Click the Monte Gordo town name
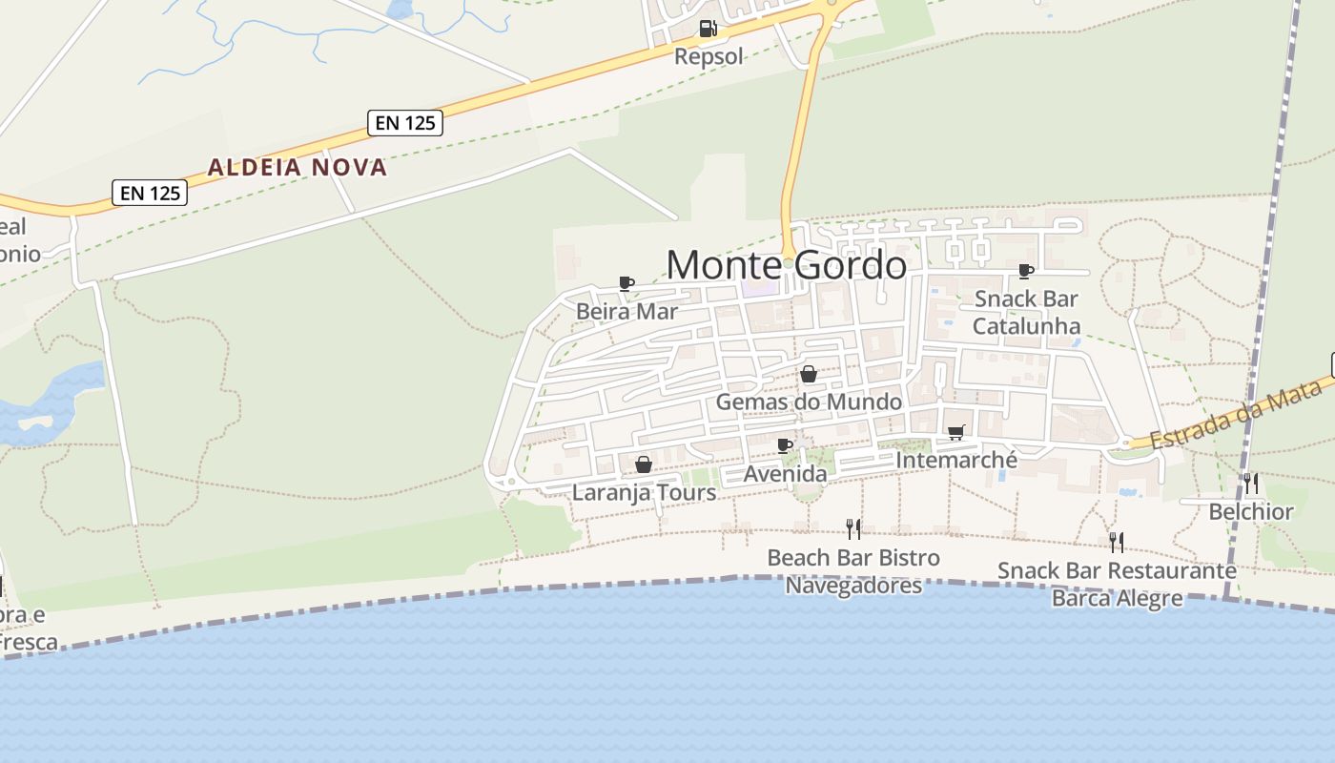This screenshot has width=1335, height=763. (x=786, y=264)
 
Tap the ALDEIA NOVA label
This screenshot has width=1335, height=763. (x=298, y=167)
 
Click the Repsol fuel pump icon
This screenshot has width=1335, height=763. (x=708, y=29)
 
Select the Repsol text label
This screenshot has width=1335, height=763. (x=708, y=56)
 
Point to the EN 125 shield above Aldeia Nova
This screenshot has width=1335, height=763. (x=405, y=122)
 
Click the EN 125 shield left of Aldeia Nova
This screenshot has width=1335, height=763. (x=150, y=193)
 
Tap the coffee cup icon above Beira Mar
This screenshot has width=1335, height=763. (x=626, y=283)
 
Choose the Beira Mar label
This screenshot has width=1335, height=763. (x=626, y=312)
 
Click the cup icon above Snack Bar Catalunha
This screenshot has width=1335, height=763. (x=1026, y=271)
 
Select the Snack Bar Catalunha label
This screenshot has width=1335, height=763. (x=1026, y=312)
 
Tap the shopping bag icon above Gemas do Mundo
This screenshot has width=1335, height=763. (x=809, y=374)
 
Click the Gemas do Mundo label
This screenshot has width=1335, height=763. (x=809, y=402)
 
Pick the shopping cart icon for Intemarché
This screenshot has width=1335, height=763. (x=956, y=432)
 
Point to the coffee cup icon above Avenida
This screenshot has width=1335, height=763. (x=785, y=445)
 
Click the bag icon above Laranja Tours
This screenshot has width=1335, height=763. (x=644, y=464)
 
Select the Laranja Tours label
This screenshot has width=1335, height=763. (x=644, y=492)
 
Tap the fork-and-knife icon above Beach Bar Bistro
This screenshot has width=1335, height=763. (x=853, y=528)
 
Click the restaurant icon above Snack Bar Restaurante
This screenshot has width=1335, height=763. (x=1116, y=542)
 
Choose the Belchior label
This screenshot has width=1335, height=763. (x=1250, y=512)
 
